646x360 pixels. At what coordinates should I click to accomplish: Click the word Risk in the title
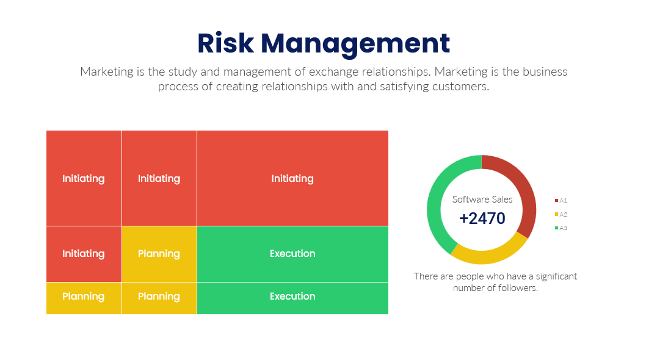tap(226, 43)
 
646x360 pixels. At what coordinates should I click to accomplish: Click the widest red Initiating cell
tap(292, 178)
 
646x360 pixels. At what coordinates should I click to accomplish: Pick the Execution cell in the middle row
tap(292, 254)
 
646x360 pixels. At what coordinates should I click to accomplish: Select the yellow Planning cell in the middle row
tap(159, 254)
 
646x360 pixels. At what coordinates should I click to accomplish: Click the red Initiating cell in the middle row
tap(84, 254)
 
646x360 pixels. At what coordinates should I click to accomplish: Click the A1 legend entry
tap(561, 201)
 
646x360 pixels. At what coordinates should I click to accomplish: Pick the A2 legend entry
tap(561, 214)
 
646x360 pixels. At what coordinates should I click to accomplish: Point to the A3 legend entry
tap(561, 228)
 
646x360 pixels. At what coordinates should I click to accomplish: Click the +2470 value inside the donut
tap(482, 218)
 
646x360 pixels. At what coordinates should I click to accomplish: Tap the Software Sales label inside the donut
tap(482, 200)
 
